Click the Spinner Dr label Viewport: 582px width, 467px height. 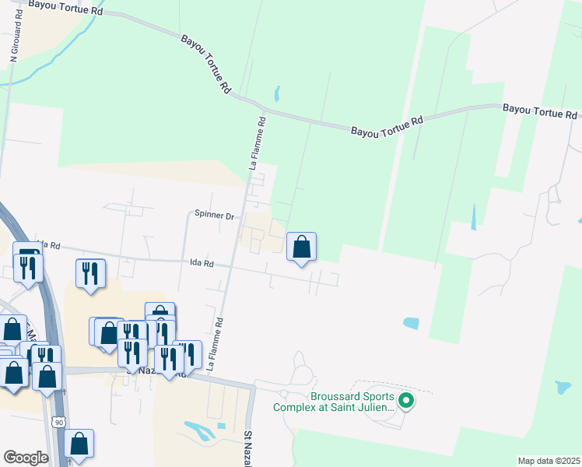coord(214,216)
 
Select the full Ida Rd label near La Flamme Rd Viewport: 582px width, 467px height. coord(202,264)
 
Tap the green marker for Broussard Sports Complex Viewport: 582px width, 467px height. coord(405,402)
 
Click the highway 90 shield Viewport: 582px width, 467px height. coord(59,421)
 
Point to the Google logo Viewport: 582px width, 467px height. coord(26,457)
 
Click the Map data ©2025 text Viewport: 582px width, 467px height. coord(549,461)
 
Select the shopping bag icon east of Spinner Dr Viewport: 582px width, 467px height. coord(302,248)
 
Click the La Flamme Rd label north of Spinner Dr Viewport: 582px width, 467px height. coord(258,143)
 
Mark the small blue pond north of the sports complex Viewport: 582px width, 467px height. coord(410,322)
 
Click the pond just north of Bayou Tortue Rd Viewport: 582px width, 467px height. coord(277,94)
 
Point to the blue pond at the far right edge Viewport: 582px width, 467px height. coord(563,388)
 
